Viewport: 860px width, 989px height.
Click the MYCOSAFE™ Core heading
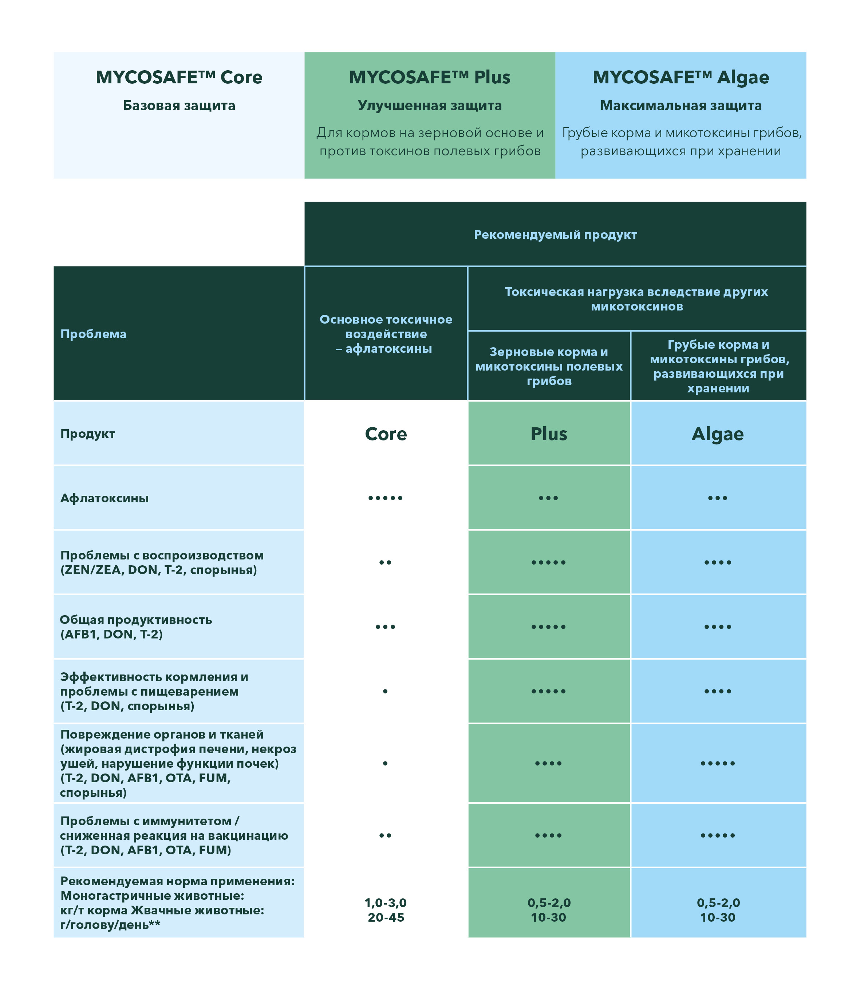point(179,77)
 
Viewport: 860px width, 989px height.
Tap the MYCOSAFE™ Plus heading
point(430,77)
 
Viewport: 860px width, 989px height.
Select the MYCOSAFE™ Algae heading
point(680,77)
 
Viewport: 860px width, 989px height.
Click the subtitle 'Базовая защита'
point(179,106)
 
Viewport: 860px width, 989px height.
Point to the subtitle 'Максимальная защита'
point(680,106)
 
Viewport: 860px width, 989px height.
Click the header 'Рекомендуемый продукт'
point(555,235)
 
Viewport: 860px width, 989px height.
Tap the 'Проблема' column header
point(94,334)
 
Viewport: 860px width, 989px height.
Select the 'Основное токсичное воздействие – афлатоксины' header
point(386,334)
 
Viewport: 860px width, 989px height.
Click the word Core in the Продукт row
point(386,434)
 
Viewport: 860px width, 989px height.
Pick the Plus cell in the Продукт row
point(549,434)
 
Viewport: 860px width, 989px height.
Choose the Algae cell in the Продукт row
point(718,434)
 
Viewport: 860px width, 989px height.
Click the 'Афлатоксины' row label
point(104,498)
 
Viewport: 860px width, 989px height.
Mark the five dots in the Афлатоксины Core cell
point(385,498)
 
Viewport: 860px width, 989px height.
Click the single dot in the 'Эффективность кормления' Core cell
point(385,692)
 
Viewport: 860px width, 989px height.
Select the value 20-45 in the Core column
point(386,918)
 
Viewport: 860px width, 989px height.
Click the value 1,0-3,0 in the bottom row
point(386,903)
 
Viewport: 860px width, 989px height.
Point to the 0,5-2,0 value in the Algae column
point(718,903)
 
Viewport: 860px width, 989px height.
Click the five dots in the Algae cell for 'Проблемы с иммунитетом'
point(718,835)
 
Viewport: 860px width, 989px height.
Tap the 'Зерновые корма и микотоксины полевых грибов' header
point(549,366)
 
